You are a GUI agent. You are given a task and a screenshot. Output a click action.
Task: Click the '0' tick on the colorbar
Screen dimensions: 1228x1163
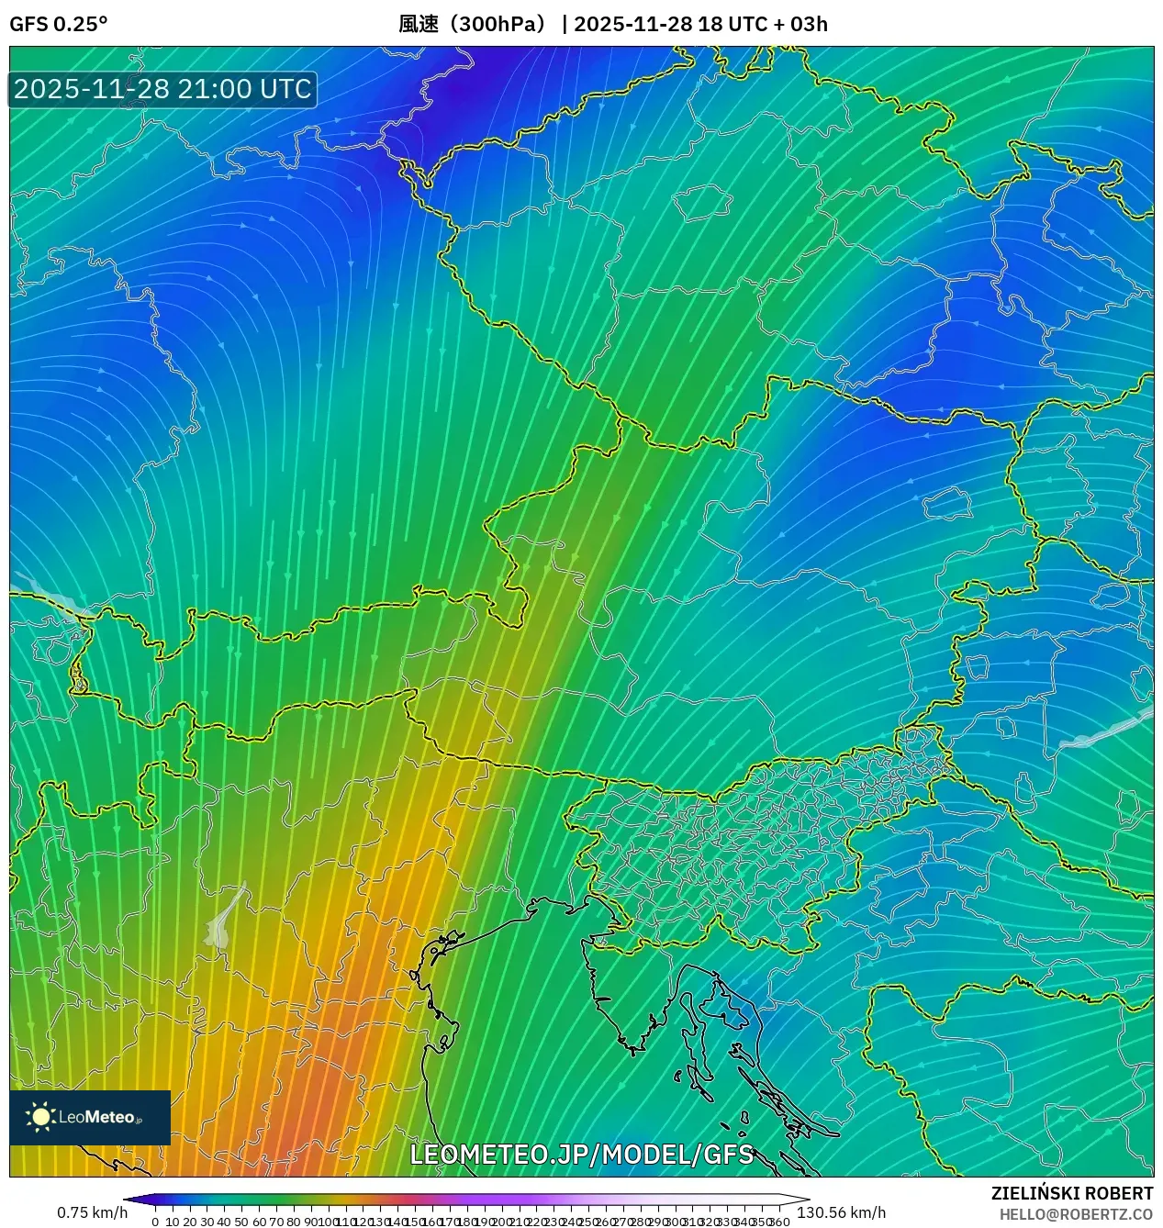[155, 1221]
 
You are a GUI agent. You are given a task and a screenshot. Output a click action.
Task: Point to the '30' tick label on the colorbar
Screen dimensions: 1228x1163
[207, 1221]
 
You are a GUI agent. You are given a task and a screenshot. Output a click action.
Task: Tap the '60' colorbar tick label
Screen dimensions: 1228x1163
[259, 1221]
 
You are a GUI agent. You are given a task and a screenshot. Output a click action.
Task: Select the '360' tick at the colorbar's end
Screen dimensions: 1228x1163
[779, 1221]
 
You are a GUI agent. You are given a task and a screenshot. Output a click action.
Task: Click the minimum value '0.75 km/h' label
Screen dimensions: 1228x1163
[92, 1212]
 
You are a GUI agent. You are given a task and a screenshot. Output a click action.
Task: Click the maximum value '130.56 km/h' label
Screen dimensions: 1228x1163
[842, 1212]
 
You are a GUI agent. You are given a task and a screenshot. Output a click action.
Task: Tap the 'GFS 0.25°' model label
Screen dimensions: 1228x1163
[58, 24]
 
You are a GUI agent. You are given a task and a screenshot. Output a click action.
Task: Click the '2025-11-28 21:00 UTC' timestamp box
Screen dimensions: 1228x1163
[162, 89]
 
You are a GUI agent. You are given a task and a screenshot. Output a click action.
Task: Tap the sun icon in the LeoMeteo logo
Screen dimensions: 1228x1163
[40, 1117]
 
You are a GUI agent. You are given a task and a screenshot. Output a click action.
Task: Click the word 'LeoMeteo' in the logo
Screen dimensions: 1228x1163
[96, 1117]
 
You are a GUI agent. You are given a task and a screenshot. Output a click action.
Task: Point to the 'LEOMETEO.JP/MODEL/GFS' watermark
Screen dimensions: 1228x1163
[581, 1155]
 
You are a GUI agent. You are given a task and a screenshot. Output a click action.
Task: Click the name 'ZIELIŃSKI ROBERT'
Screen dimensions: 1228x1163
[1071, 1193]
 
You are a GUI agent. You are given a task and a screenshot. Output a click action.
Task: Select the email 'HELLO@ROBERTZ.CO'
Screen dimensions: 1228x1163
[1076, 1214]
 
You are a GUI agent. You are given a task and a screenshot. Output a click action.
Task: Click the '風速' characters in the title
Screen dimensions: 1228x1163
[419, 24]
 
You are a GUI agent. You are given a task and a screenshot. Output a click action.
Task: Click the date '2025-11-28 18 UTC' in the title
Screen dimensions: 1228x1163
[670, 24]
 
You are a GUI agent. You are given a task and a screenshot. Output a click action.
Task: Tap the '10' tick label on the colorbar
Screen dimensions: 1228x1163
[173, 1221]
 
